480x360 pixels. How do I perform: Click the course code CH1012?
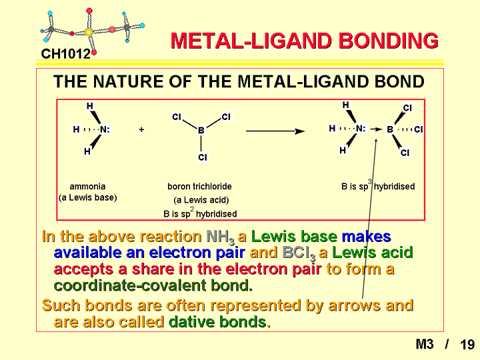point(65,54)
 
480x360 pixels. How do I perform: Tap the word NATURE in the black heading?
point(127,81)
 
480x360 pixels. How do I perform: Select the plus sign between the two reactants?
point(141,129)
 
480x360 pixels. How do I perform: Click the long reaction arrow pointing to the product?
point(275,131)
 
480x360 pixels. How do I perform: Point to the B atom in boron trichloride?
point(201,131)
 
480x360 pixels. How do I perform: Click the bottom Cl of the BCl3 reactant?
point(203,157)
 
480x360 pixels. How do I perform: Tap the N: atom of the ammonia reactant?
point(105,129)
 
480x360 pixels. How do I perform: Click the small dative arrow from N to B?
point(376,129)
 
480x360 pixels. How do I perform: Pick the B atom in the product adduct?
point(390,129)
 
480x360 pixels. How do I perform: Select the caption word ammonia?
point(87,187)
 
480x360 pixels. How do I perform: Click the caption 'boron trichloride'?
point(199,187)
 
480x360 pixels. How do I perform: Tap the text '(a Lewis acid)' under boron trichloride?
point(201,200)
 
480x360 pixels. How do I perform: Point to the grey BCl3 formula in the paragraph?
point(299,253)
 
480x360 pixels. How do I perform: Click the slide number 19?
point(467,345)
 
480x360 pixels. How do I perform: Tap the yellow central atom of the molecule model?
point(89,32)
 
